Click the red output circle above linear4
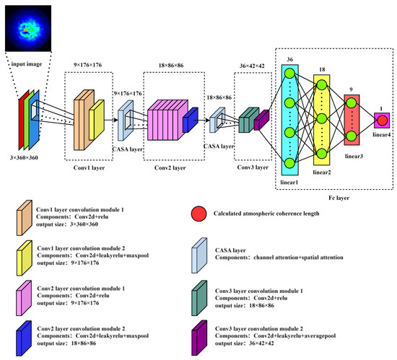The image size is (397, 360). point(382,120)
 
